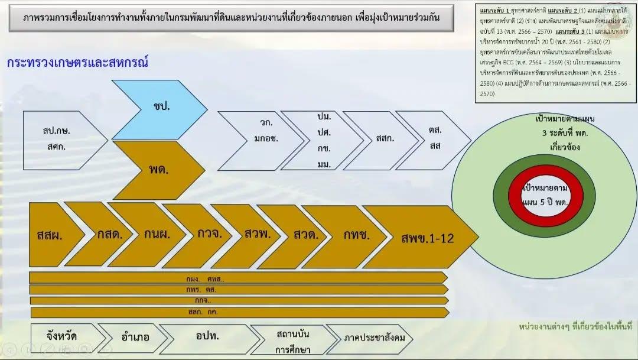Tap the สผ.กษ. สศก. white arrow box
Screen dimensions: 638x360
(56, 140)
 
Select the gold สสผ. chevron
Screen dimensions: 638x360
(50, 235)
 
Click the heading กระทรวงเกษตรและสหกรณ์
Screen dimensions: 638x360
(77, 63)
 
